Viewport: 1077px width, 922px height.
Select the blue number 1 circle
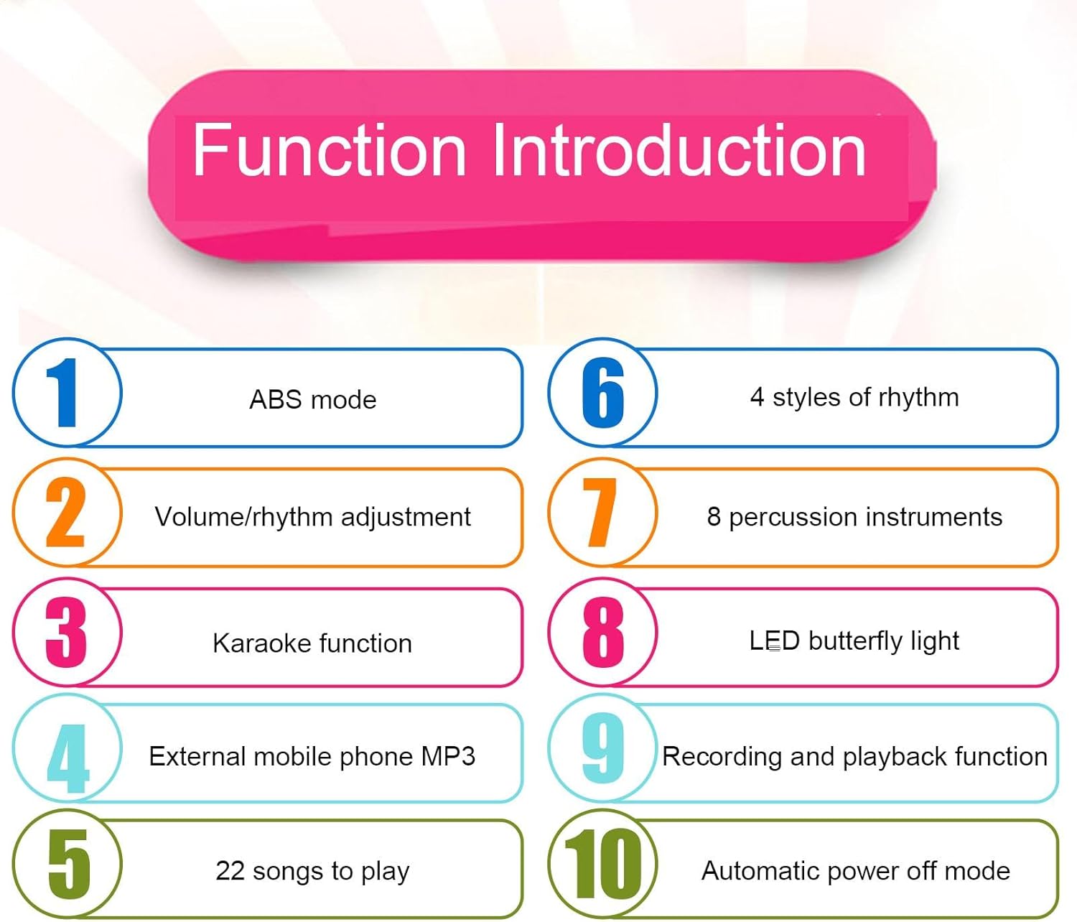tap(67, 393)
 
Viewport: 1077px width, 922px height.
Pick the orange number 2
tap(65, 512)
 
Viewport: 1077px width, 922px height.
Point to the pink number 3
tap(66, 632)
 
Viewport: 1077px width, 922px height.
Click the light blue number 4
tap(67, 758)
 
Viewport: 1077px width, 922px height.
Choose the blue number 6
tap(603, 393)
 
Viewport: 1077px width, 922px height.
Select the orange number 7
tap(600, 512)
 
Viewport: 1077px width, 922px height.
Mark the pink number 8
tap(603, 632)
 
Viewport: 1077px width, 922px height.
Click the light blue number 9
tap(603, 748)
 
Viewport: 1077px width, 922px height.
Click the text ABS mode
tap(312, 400)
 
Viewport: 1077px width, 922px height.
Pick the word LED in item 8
tap(774, 641)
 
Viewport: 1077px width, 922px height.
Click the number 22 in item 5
tap(230, 871)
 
